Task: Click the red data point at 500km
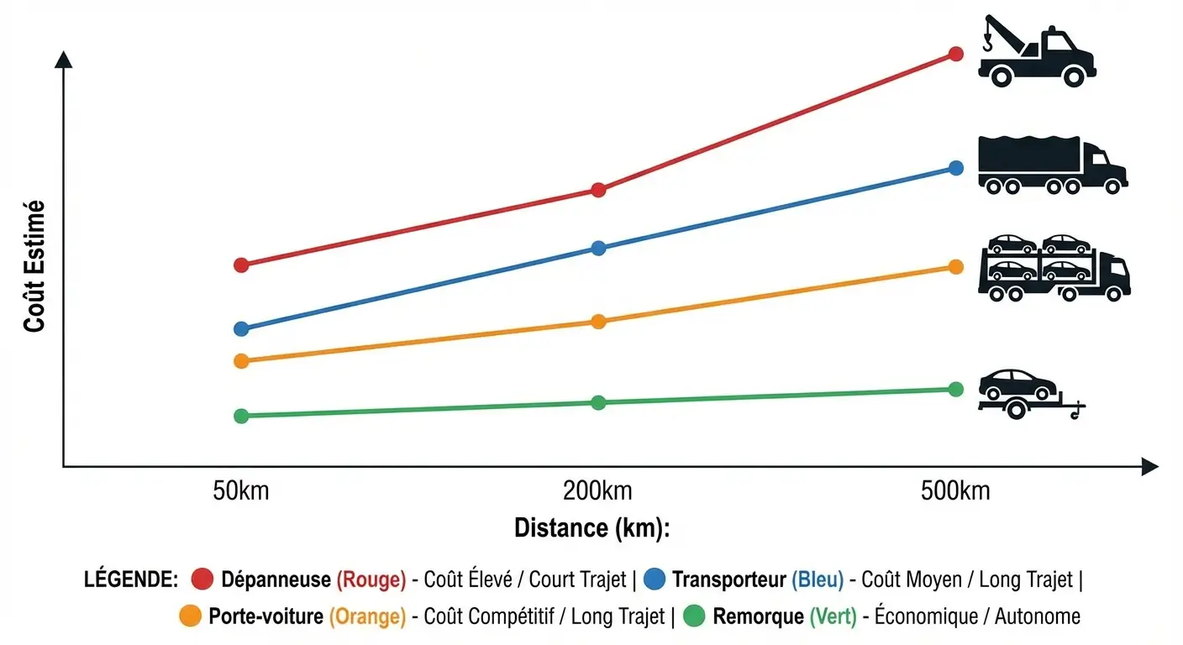pos(955,54)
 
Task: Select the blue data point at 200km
pos(598,248)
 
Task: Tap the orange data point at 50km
pos(241,361)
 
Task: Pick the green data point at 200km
pos(598,403)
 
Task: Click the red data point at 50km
pos(241,265)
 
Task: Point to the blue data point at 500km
pos(955,168)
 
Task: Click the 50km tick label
pos(241,490)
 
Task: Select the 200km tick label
pos(598,490)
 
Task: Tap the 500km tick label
pos(955,490)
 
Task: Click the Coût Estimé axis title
pos(34,265)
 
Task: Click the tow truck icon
pos(1036,52)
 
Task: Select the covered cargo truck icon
pos(1052,166)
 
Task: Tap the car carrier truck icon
pos(1054,267)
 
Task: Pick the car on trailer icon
pos(1031,393)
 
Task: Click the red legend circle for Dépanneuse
pos(203,579)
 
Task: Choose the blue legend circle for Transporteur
pos(655,579)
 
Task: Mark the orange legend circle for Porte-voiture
pos(192,616)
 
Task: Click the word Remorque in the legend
pos(758,616)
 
